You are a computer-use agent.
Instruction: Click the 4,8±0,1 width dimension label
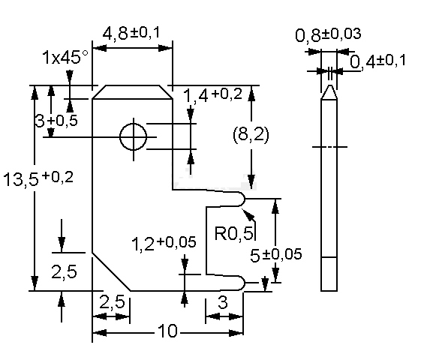pos(131,33)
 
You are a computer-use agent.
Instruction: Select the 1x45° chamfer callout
pos(65,57)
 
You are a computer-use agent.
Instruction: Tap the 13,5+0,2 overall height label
pos(38,178)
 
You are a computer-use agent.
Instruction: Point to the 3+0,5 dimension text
pos(56,121)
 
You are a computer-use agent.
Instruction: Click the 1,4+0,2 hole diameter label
pos(212,95)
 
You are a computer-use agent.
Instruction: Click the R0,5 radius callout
pos(234,232)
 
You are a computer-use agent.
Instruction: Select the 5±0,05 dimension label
pos(275,254)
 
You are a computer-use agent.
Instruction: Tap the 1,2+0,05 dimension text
pos(164,243)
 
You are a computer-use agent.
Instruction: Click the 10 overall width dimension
pos(168,331)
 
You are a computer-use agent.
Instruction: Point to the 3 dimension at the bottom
pos(223,302)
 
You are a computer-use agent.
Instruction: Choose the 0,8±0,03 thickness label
pos(328,34)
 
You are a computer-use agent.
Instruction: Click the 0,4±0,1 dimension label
pos(377,61)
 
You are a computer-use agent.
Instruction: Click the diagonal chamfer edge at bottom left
pos(111,271)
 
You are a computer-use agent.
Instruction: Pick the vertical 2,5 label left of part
pos(64,272)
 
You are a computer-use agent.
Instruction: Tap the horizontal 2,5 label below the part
pos(113,302)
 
